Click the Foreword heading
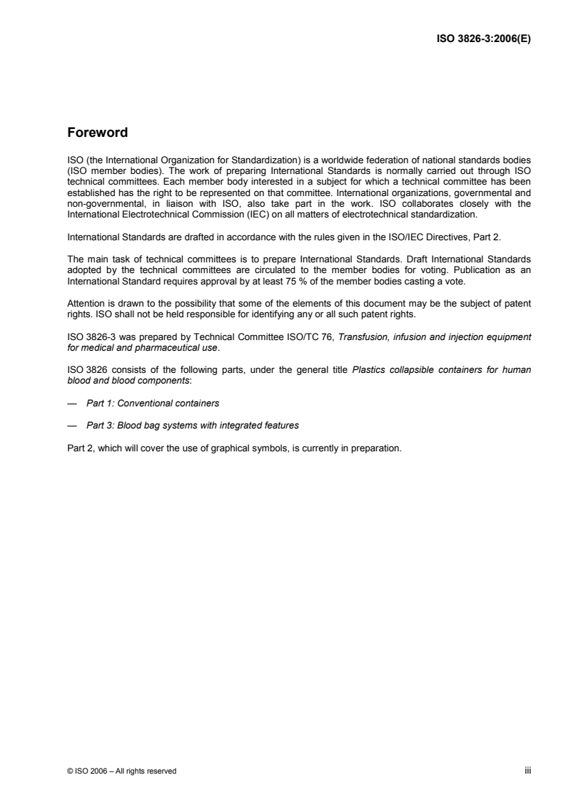point(97,133)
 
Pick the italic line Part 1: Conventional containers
point(152,404)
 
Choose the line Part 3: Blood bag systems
point(192,426)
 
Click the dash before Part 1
point(71,404)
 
